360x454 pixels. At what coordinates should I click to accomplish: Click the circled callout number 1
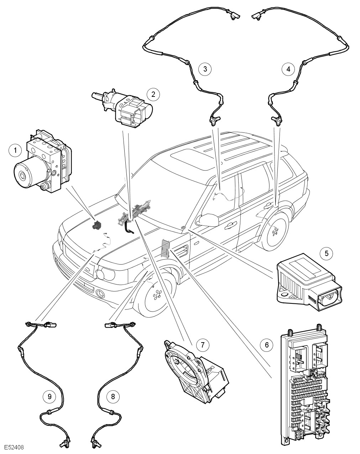pos(15,150)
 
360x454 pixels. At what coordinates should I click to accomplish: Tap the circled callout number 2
pos(153,94)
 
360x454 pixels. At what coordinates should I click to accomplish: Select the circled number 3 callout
pos(205,68)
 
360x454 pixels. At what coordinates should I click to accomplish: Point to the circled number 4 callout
pos(288,68)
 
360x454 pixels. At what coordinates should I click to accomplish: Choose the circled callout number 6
pos(266,344)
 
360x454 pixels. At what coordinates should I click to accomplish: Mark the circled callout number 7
pos(202,344)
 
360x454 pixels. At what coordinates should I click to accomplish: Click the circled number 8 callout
pos(113,396)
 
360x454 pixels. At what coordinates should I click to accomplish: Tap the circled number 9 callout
pos(49,396)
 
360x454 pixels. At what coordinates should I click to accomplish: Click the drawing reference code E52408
pos(14,447)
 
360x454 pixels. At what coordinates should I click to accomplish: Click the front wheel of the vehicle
pos(157,296)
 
